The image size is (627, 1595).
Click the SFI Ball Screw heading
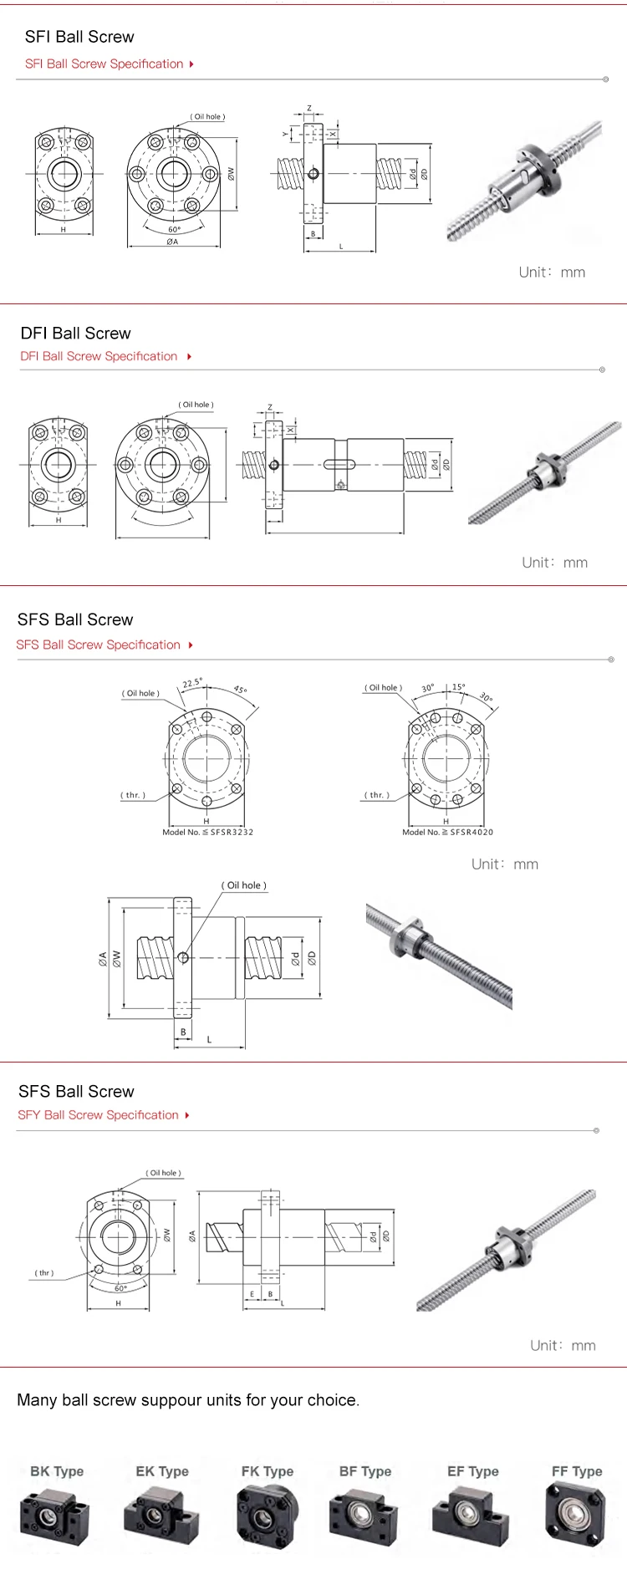(x=79, y=37)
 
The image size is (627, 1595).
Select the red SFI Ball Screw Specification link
(x=104, y=64)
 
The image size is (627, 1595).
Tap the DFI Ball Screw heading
(x=76, y=334)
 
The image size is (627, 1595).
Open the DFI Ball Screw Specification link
(x=99, y=356)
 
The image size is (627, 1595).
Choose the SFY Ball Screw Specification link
(x=98, y=1115)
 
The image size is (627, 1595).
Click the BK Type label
(x=57, y=1471)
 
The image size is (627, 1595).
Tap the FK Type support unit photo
(x=267, y=1516)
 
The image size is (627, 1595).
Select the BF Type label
(x=365, y=1471)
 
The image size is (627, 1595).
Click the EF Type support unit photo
(x=471, y=1516)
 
